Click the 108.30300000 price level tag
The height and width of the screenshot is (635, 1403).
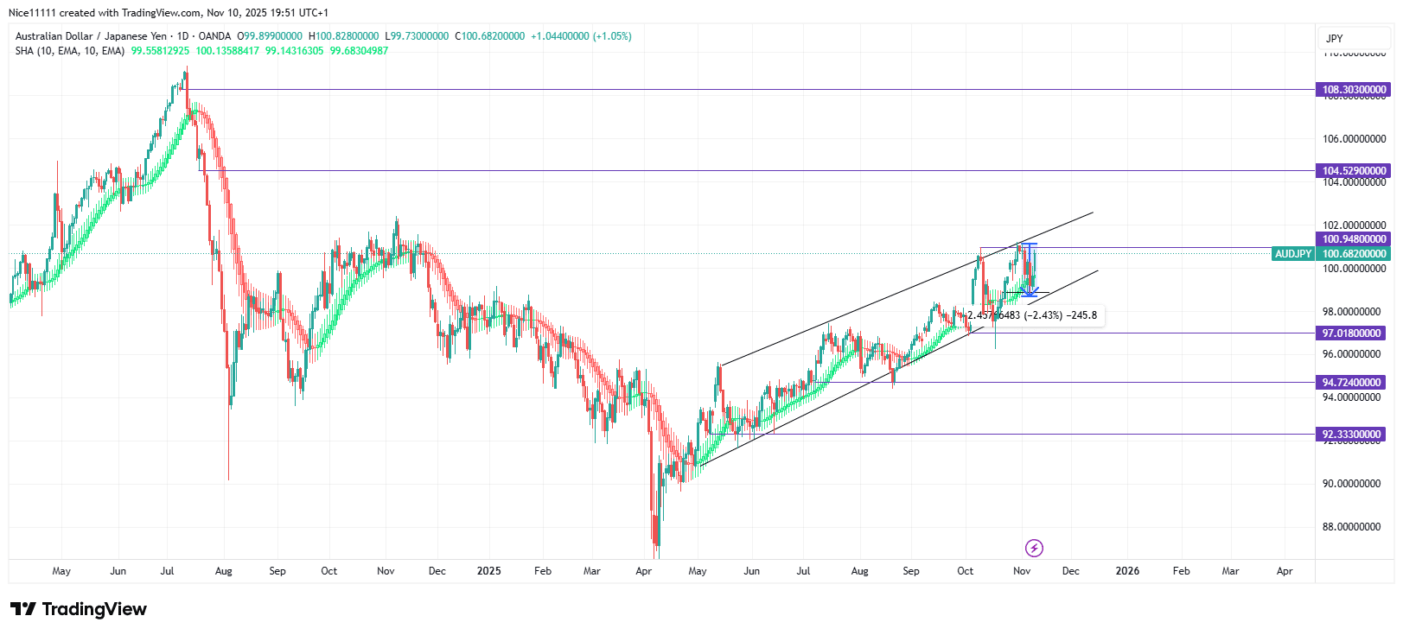pyautogui.click(x=1354, y=90)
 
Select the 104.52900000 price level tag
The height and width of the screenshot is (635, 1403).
pyautogui.click(x=1354, y=171)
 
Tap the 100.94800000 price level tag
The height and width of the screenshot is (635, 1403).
pyautogui.click(x=1354, y=239)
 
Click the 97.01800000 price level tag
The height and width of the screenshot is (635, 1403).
pyautogui.click(x=1352, y=333)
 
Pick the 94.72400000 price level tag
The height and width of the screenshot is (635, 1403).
pyautogui.click(x=1352, y=383)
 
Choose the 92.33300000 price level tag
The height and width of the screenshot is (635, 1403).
pyautogui.click(x=1352, y=435)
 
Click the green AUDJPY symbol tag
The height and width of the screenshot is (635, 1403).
pyautogui.click(x=1293, y=254)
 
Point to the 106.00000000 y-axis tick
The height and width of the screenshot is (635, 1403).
pyautogui.click(x=1354, y=139)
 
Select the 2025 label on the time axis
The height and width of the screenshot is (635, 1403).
pyautogui.click(x=489, y=571)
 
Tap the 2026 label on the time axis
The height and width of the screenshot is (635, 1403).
pyautogui.click(x=1127, y=571)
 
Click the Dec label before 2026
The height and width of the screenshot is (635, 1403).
pyautogui.click(x=1070, y=571)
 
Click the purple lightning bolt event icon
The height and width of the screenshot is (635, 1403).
pyautogui.click(x=1034, y=548)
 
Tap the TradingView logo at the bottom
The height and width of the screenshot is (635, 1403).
pyautogui.click(x=79, y=609)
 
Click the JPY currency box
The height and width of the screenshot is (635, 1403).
pyautogui.click(x=1335, y=39)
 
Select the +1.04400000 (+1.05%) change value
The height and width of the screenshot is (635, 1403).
pyautogui.click(x=581, y=36)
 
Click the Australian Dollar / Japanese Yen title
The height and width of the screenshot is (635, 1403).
pyautogui.click(x=91, y=36)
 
